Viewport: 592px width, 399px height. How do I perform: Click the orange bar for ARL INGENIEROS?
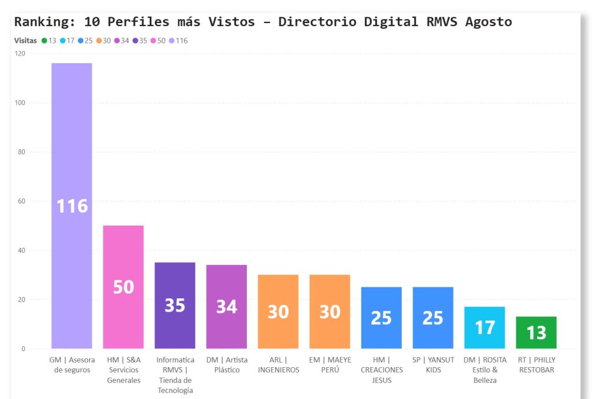tap(278, 289)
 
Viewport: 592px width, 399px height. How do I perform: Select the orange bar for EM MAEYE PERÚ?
tap(330, 289)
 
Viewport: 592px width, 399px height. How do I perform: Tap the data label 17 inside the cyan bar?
tap(484, 328)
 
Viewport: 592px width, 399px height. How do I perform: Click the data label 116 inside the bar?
tap(72, 206)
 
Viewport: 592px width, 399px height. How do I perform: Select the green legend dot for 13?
tap(44, 41)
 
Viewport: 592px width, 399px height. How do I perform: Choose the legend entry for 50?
tap(158, 41)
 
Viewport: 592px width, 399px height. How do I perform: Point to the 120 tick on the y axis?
tap(20, 54)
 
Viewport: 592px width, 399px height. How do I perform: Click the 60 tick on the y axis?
tap(21, 201)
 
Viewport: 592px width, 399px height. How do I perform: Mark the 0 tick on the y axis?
tap(23, 349)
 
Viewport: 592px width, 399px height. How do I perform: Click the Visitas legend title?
tap(25, 41)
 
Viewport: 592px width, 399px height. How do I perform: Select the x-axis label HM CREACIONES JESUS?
tap(382, 370)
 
